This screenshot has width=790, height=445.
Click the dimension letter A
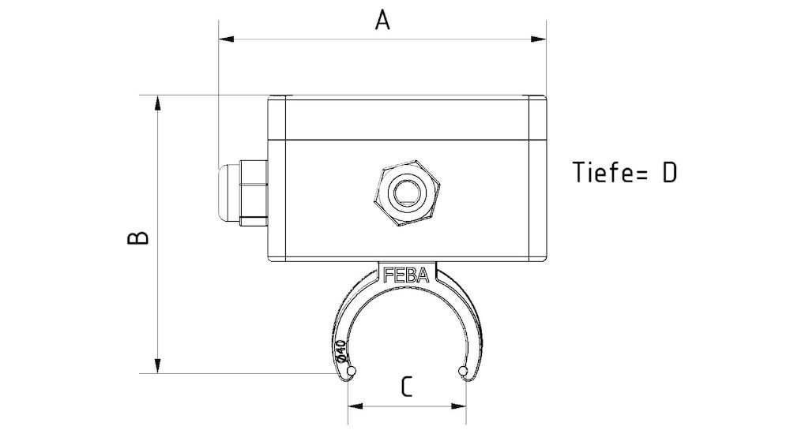382,20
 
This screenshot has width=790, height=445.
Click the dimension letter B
138,237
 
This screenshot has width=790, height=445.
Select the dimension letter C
406,387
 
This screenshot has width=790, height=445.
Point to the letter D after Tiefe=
668,173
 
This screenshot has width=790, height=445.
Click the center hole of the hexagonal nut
408,192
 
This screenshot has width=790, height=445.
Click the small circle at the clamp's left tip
352,371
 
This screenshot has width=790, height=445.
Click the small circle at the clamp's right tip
462,371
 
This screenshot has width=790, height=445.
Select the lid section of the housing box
408,117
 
